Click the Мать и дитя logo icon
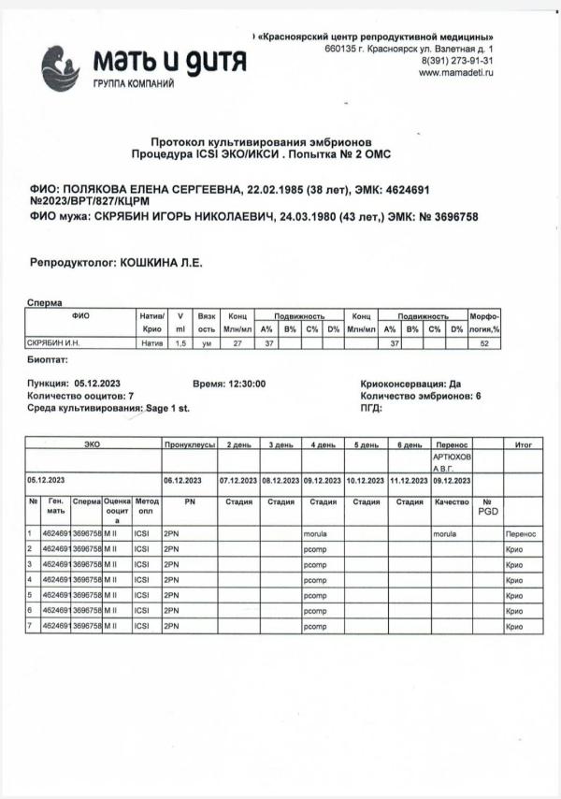pos(61,67)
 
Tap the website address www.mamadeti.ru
pos(456,73)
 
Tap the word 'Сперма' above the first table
pos(46,304)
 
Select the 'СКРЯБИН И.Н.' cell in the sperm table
pos(52,343)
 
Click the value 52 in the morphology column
pos(484,343)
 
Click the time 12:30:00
pos(243,384)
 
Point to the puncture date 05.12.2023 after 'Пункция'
pos(98,384)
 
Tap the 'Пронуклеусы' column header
pos(190,445)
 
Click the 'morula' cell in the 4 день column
pos(314,532)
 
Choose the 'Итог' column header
pos(523,445)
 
